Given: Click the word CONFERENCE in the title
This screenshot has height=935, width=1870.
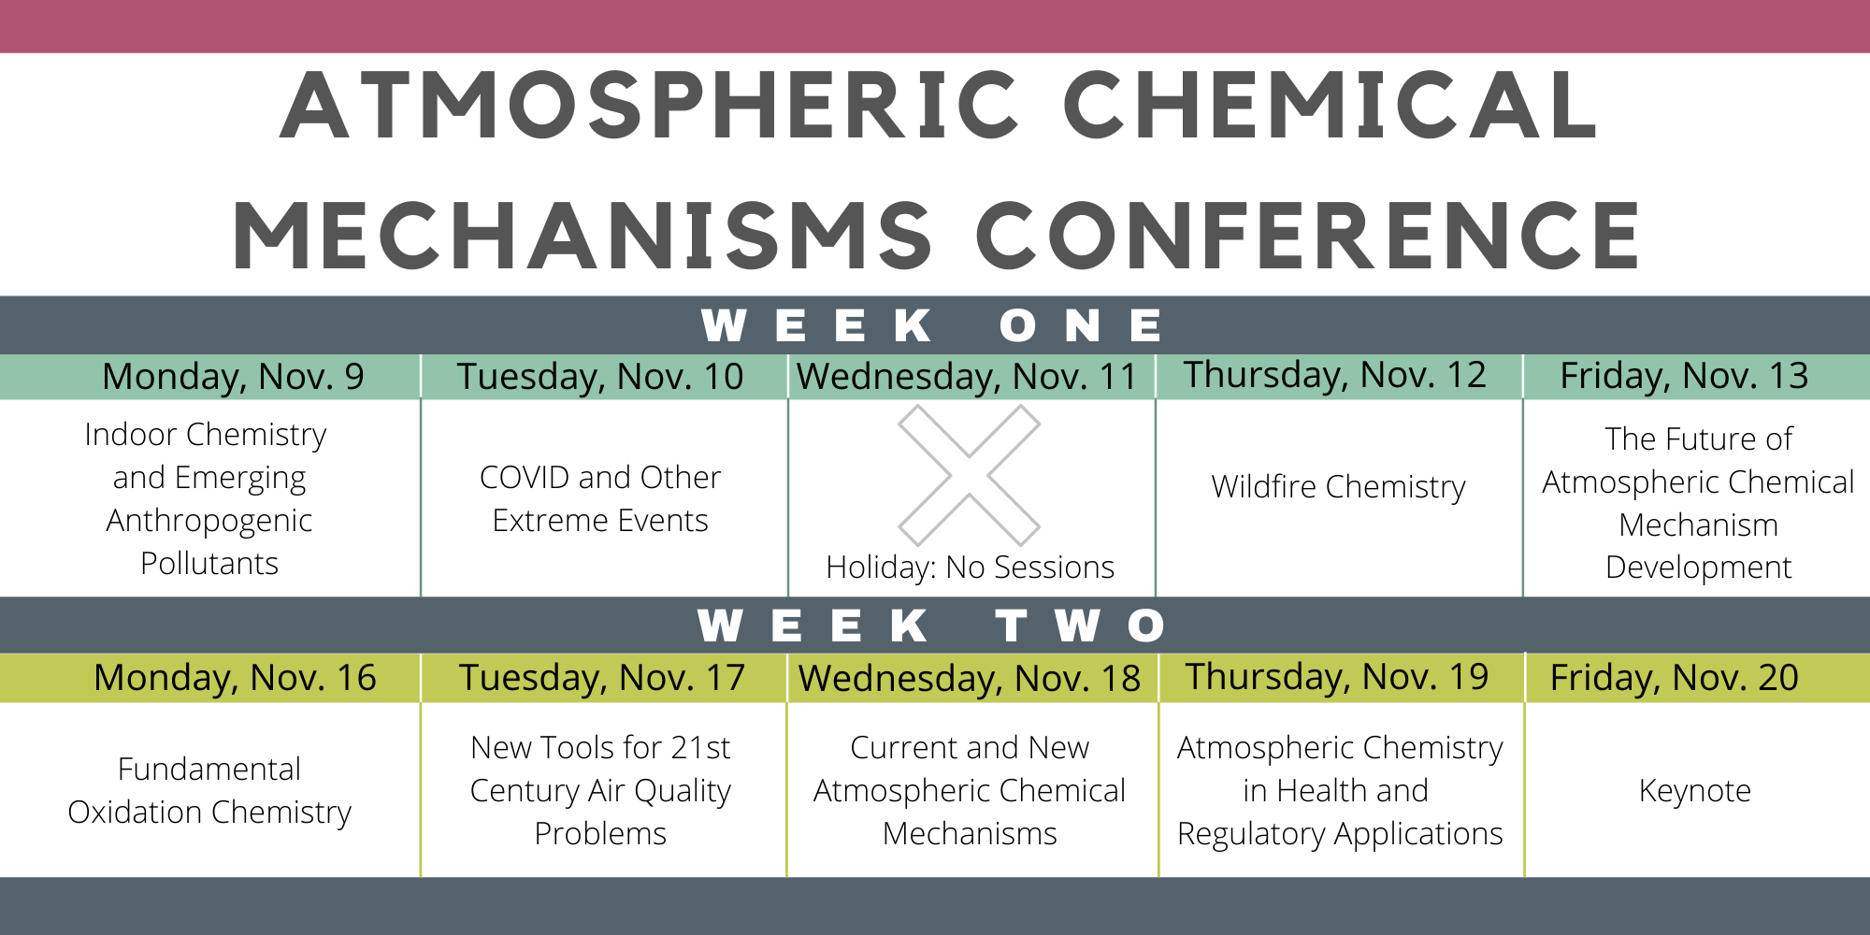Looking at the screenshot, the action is (1309, 235).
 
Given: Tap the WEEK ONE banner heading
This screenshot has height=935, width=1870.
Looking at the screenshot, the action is (933, 325).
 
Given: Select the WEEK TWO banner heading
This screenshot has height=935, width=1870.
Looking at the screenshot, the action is (932, 626).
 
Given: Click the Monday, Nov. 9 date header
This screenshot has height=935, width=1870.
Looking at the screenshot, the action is (233, 377).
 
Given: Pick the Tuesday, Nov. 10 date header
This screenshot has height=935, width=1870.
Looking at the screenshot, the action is (600, 377).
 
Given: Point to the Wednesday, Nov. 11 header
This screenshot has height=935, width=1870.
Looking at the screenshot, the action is (967, 377).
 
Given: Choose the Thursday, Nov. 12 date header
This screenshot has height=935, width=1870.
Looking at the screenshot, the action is (1335, 375).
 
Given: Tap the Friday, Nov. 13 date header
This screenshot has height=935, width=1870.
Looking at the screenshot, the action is (1684, 376).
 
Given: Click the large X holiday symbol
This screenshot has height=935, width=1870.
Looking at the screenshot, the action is (970, 475).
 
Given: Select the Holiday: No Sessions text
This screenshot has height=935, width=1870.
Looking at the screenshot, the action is (970, 568).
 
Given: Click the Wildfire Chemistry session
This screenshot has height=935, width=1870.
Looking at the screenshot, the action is (1338, 487).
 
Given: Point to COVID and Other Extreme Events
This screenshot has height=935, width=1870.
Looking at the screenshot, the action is (600, 498).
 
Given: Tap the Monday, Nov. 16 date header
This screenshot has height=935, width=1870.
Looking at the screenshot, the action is (235, 678).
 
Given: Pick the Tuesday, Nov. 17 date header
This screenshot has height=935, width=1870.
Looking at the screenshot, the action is (602, 678).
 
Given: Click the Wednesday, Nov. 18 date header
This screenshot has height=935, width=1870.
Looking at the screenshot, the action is (970, 679).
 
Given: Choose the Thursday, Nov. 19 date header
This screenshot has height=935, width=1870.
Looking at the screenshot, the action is (1337, 677).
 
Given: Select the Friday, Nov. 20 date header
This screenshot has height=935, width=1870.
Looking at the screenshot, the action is (1675, 678).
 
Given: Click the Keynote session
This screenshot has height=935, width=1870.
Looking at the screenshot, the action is (1694, 792).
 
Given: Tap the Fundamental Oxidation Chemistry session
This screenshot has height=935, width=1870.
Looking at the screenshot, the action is (209, 791).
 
